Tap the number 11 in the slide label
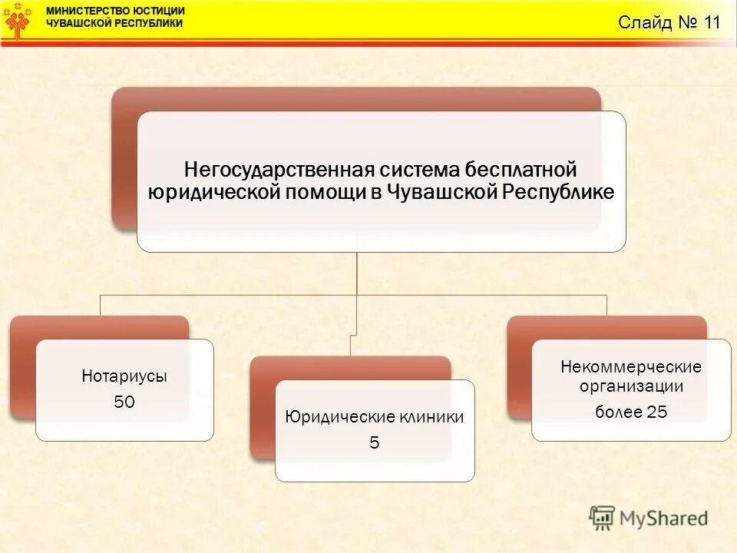coord(709,22)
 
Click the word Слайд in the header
coord(645,22)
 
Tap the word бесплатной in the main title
coord(531,168)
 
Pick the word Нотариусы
coord(124,376)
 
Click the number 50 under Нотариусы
coord(124,402)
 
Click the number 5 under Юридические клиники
coord(375,442)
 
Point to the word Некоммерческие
coord(631,366)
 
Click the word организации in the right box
coord(631,386)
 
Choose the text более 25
coord(631,412)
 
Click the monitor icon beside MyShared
coord(603,517)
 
